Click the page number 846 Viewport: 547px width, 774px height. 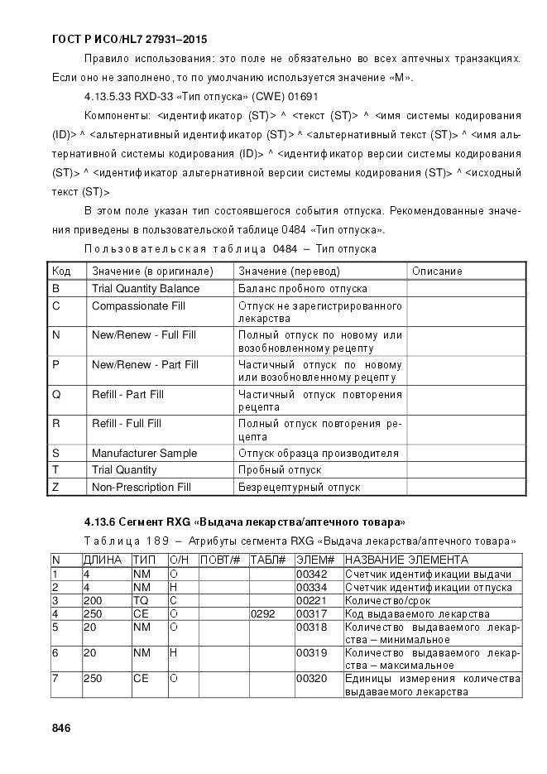(61, 728)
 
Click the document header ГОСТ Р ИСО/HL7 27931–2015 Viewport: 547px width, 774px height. (129, 39)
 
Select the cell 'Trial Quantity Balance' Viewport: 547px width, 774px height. (146, 289)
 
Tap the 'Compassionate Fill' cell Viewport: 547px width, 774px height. (138, 306)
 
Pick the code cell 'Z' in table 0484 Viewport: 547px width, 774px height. (55, 488)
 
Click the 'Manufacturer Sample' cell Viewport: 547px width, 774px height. (144, 453)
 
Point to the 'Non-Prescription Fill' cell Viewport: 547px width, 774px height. (141, 488)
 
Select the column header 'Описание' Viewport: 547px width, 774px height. (437, 272)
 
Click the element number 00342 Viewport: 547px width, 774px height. (309, 574)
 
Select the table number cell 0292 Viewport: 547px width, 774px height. (262, 614)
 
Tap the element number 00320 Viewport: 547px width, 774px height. (309, 679)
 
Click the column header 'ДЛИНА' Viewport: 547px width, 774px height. (103, 560)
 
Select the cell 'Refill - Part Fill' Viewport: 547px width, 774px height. (127, 395)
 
